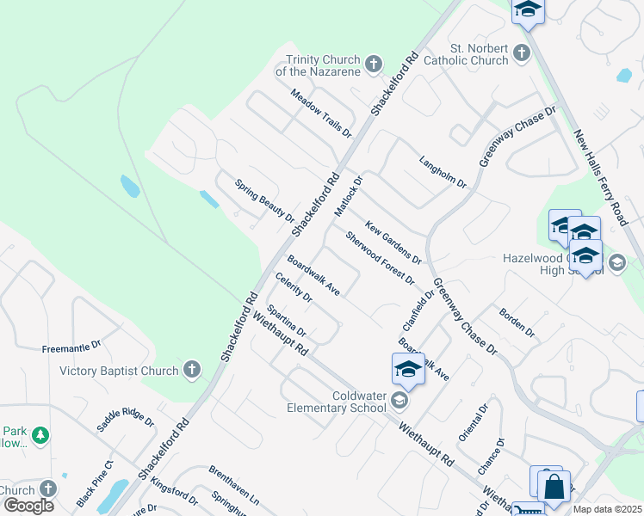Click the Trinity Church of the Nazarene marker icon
click(373, 64)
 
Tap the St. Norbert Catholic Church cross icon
click(521, 54)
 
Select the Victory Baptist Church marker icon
click(192, 371)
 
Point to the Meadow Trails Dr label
click(321, 113)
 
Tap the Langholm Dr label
click(443, 172)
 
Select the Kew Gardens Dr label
click(393, 242)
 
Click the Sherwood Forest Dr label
click(380, 258)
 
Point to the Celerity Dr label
click(294, 286)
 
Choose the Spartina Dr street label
click(287, 320)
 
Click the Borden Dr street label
click(517, 320)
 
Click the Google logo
click(28, 505)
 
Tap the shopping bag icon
click(554, 487)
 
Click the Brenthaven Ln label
click(233, 484)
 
